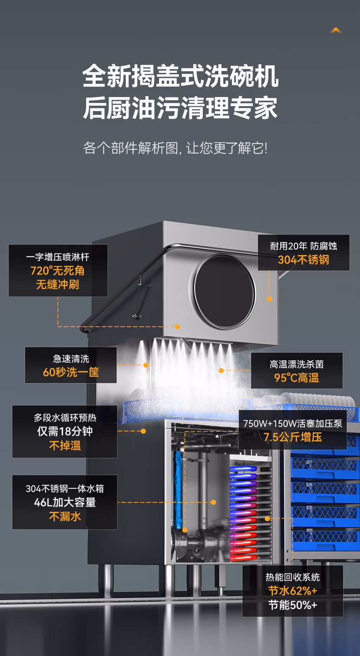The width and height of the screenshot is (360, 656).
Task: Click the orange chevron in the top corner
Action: point(336,30)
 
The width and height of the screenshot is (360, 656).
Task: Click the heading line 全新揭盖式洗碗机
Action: point(180,76)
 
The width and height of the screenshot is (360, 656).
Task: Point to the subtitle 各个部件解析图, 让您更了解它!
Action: point(175,148)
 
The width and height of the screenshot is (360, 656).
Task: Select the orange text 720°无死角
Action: point(57,271)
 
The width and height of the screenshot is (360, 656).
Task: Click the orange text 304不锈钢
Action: point(303,260)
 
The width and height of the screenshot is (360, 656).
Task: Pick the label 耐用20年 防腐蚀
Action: point(303,246)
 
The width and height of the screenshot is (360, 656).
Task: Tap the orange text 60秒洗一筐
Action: point(71,372)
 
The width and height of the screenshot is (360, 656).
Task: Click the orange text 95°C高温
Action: point(297,378)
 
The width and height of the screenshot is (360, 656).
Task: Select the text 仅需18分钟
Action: point(65,431)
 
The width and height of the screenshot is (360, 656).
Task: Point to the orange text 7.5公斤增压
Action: point(293,437)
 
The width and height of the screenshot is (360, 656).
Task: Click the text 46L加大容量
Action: point(65,502)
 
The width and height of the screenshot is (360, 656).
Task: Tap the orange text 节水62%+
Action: point(293,591)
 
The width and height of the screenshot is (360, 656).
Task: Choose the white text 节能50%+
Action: point(293,605)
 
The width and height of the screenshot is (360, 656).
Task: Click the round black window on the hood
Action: point(224,292)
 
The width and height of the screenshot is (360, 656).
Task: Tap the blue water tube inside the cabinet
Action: point(178,489)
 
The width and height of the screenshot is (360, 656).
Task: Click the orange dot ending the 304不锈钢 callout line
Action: point(269,299)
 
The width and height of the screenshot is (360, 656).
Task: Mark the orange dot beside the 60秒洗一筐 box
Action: point(146,365)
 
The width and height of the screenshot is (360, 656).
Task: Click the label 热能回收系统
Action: point(293,577)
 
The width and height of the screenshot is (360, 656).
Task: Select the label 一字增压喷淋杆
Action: point(57,257)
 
